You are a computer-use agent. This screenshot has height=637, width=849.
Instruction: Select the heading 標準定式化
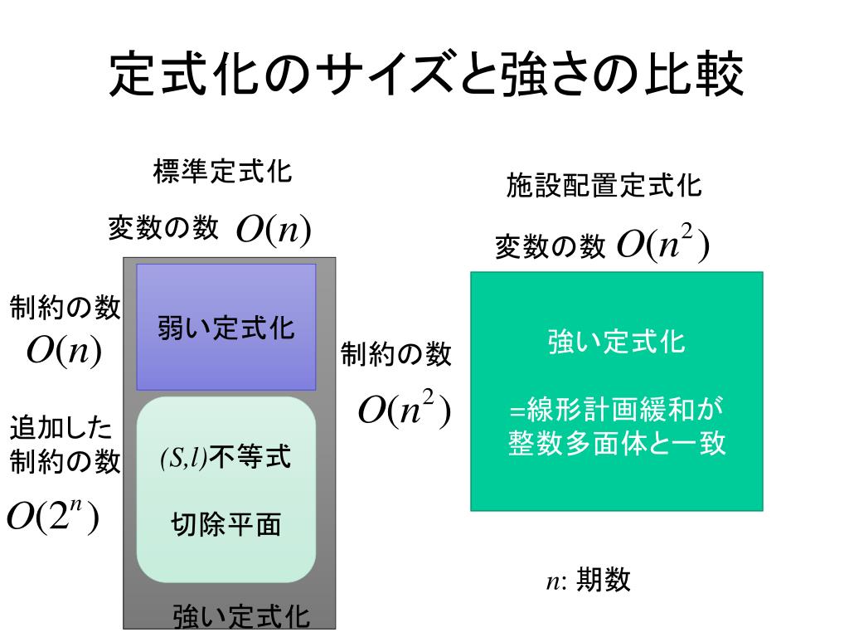pos(222,173)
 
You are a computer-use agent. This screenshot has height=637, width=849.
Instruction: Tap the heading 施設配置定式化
pos(604,186)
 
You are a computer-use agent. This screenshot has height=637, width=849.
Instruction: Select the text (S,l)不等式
pos(226,457)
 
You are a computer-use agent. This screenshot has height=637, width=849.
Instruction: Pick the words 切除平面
pos(226,525)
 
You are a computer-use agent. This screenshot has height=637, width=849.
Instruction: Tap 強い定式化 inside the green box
pos(616,342)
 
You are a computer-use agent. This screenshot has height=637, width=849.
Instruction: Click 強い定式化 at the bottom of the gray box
pos(241,616)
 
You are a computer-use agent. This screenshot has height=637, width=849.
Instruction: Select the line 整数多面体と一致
pos(617,443)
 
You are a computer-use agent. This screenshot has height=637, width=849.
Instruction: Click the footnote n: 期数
pos(588,581)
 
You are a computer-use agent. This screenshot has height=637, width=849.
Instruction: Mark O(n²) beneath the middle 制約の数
pos(404,410)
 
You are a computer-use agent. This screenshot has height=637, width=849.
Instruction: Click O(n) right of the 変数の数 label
pos(273,229)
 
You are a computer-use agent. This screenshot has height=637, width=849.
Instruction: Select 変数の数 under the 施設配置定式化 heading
pos(550,246)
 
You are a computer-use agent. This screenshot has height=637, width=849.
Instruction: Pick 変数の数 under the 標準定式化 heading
pos(163,227)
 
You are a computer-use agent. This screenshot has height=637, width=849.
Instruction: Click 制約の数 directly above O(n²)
pos(397,355)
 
